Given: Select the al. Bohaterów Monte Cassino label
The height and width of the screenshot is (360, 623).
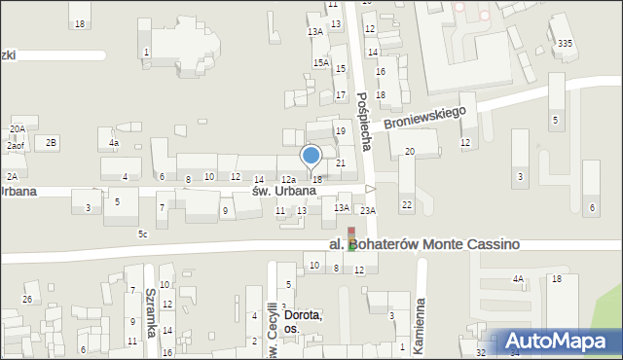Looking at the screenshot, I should click(422, 245).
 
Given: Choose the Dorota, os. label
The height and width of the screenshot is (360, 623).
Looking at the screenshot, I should click(303, 322).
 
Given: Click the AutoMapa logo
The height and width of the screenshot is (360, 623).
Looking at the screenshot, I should click(559, 341).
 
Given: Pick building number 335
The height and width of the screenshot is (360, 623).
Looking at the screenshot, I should click(565, 44).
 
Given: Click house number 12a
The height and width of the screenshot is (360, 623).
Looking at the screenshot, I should click(288, 180).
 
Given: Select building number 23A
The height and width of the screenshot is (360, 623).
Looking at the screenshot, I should click(367, 210).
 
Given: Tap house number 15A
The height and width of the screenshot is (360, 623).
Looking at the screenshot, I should click(320, 63).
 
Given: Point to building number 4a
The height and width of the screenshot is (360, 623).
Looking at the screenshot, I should click(114, 144).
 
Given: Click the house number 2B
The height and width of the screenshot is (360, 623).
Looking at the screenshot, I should click(52, 143).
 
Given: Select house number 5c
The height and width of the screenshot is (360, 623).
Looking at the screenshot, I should click(142, 234).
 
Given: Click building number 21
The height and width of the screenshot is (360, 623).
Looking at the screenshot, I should click(340, 163).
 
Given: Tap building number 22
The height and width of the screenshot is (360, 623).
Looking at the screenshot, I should click(406, 204).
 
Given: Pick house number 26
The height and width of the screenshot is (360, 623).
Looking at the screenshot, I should click(28, 299).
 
